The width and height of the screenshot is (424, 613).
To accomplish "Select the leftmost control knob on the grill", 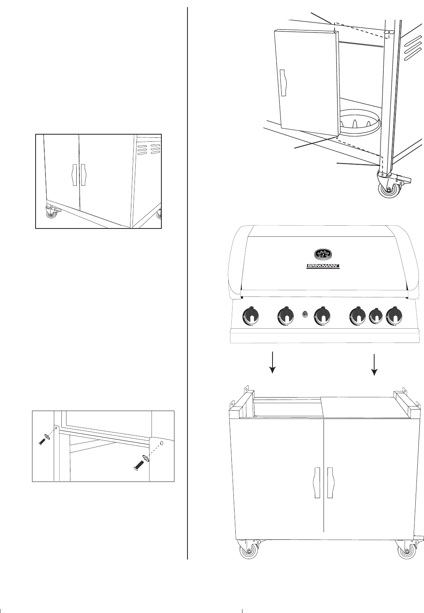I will [x=250, y=316].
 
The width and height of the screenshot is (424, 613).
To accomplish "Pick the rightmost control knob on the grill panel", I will [x=394, y=316].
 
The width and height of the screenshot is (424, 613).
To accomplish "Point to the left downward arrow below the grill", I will [x=272, y=364].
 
